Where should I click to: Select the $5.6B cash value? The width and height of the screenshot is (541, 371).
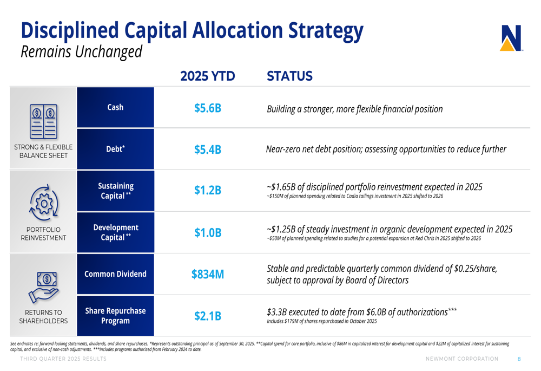208,108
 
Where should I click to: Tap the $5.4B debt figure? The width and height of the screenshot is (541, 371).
208,149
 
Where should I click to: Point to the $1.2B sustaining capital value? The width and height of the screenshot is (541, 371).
208,191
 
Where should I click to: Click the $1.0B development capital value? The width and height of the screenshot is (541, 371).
208,233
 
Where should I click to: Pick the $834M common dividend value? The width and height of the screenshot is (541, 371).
208,275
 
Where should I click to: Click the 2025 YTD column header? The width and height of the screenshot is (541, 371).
208,76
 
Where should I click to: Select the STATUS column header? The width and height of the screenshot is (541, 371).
290,76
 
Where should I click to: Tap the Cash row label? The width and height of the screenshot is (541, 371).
115,107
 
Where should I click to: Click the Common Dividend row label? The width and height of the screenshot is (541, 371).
115,274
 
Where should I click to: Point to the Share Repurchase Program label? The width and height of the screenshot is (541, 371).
115,316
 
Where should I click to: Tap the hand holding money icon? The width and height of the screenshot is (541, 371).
44,287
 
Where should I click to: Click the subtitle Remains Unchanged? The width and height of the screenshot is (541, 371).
81,52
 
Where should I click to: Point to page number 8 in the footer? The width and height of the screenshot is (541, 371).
519,359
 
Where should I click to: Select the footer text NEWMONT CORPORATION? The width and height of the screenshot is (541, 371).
462,359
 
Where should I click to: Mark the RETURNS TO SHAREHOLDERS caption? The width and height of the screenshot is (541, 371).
44,316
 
